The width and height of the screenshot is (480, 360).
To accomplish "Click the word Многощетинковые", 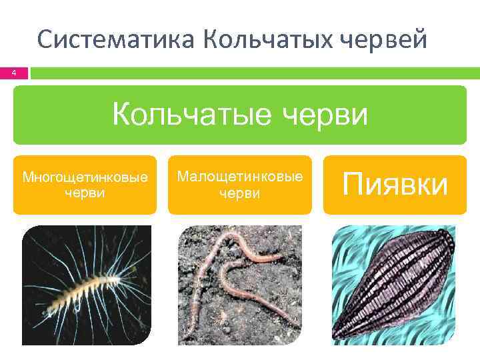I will point(85,177).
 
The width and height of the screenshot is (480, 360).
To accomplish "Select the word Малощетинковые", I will point(240,177).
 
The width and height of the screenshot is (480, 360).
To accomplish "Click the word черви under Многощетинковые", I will point(85,193).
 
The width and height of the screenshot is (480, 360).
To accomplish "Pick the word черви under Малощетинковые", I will point(240,193).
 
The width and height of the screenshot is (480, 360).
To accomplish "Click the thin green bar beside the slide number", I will point(253,73).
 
